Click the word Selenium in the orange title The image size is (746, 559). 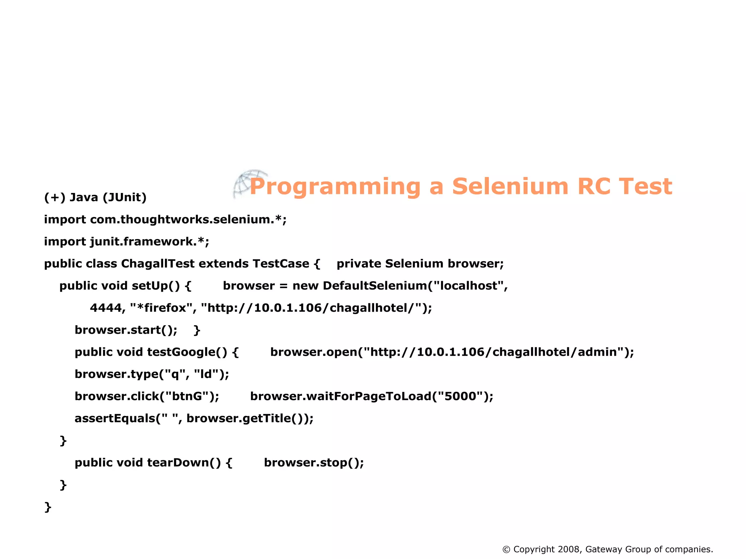(x=510, y=186)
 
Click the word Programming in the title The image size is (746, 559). (x=335, y=187)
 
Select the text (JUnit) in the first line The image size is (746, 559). (x=125, y=197)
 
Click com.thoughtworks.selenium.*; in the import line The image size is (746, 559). (x=188, y=220)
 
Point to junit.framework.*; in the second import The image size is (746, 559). (x=150, y=242)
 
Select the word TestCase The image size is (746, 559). (x=280, y=264)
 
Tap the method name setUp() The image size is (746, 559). (x=156, y=286)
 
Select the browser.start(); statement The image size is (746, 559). (x=126, y=330)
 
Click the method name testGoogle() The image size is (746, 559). (x=187, y=352)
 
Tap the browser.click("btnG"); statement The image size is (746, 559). (x=147, y=396)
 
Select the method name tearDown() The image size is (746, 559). (x=184, y=462)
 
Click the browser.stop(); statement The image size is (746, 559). (x=314, y=462)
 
